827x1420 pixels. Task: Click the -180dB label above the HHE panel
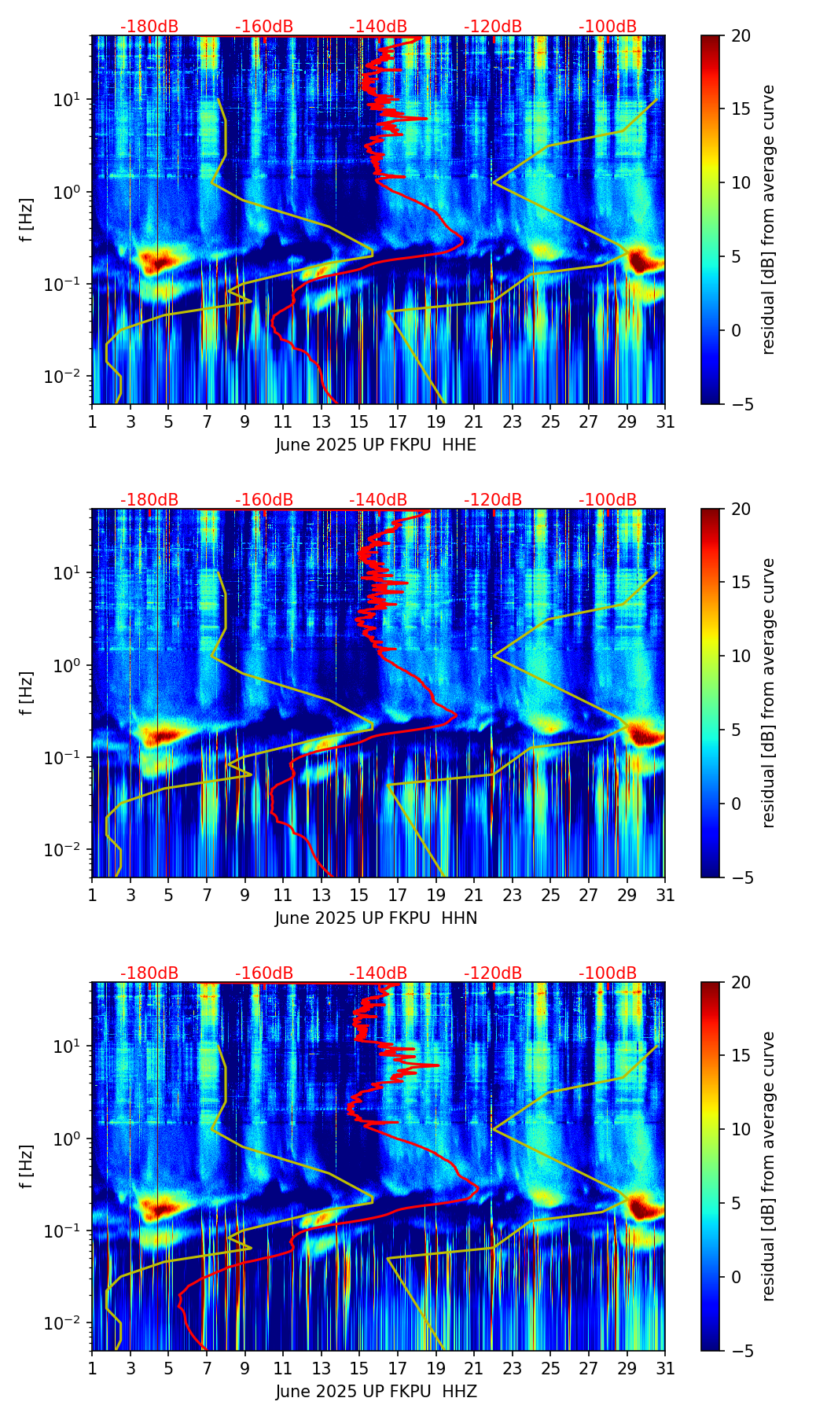149,27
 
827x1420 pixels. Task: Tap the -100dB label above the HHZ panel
608,973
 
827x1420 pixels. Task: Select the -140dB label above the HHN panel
378,500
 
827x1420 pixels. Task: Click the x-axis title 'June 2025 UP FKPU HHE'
376,445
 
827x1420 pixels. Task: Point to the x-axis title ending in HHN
376,918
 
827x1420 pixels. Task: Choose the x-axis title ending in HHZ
376,1392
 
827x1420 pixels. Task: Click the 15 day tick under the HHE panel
359,421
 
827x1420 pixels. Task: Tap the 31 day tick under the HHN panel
665,895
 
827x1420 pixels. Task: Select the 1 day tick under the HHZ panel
92,1368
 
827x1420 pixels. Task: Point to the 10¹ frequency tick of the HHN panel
68,573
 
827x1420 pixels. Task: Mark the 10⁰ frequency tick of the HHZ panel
68,1139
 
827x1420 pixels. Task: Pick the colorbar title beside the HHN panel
768,693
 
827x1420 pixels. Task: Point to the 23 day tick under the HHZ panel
512,1368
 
